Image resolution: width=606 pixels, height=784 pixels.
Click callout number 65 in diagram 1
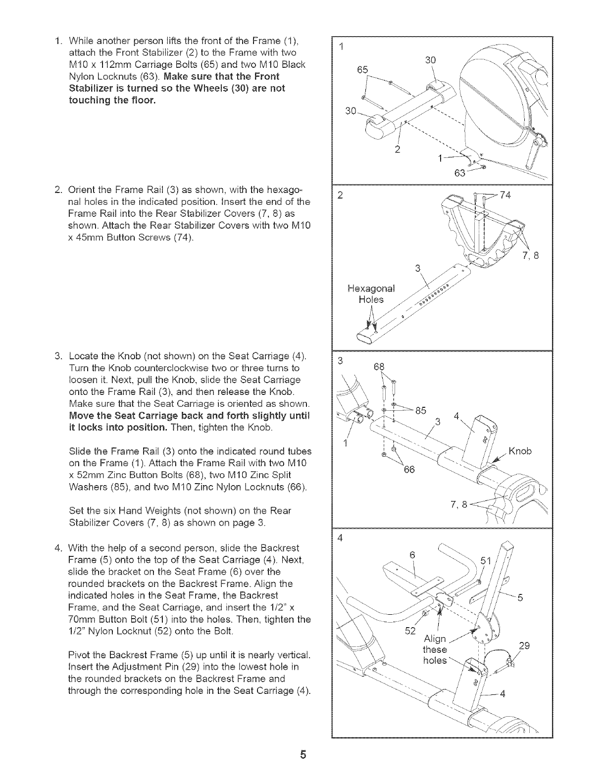point(362,70)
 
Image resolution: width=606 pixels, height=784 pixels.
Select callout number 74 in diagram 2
point(505,195)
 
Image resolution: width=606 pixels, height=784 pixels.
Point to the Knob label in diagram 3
point(520,451)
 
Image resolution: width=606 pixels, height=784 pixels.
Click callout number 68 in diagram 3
point(379,367)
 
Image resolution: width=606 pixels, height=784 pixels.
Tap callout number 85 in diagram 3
point(421,410)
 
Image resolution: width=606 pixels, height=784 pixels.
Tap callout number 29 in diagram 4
point(524,646)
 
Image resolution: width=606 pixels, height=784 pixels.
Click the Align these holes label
point(435,649)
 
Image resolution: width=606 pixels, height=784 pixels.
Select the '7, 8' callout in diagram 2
point(529,256)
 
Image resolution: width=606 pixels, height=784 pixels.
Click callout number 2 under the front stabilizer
point(397,149)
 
